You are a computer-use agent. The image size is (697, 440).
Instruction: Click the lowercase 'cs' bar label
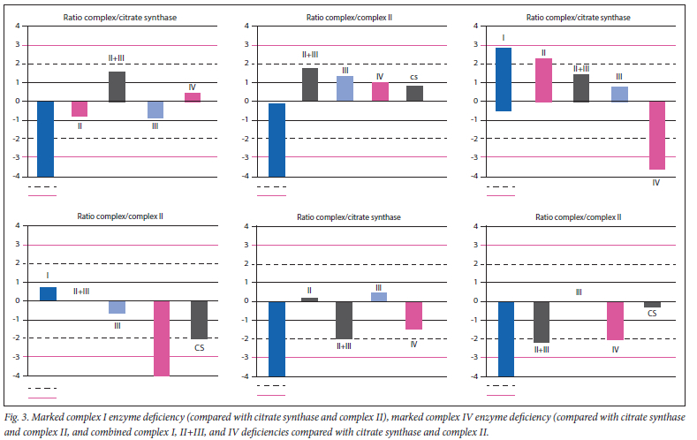[x=414, y=78]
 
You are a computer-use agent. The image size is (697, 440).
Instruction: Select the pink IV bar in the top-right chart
[x=656, y=135]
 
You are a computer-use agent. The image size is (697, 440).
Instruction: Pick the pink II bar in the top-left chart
[x=80, y=109]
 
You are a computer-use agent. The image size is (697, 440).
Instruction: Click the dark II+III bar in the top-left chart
[x=117, y=87]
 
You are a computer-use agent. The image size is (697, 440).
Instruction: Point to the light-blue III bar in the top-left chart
[x=155, y=110]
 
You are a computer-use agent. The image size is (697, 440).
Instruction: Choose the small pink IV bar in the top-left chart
[x=193, y=97]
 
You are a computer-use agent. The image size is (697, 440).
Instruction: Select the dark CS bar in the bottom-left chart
[x=200, y=320]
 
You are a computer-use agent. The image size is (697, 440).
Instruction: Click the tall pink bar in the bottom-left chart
[x=162, y=338]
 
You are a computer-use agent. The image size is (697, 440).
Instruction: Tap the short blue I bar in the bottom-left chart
[x=48, y=294]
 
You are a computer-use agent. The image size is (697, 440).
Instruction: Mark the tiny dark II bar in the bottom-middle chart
[x=309, y=300]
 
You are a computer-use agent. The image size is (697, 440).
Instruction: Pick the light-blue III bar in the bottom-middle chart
[x=378, y=297]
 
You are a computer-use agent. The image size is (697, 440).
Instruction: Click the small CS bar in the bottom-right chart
[x=652, y=304]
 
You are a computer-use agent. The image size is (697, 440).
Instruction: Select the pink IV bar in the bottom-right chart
[x=615, y=321]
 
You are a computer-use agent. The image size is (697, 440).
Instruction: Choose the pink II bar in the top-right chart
[x=543, y=80]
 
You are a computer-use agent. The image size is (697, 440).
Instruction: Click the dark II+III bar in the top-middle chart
[x=309, y=84]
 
